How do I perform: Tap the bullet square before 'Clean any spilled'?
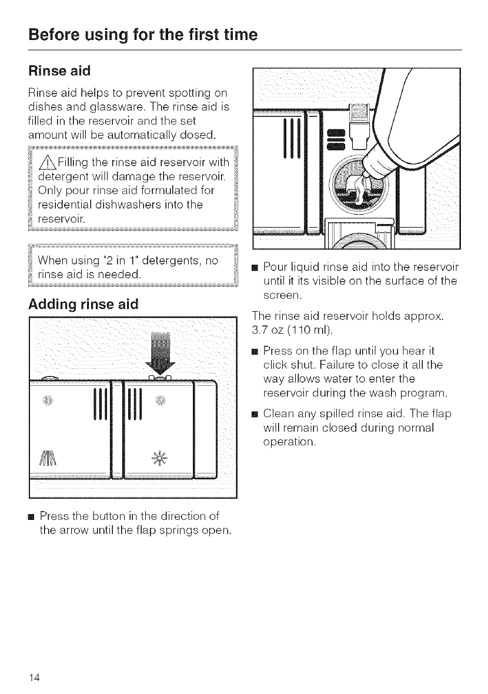pyautogui.click(x=255, y=415)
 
